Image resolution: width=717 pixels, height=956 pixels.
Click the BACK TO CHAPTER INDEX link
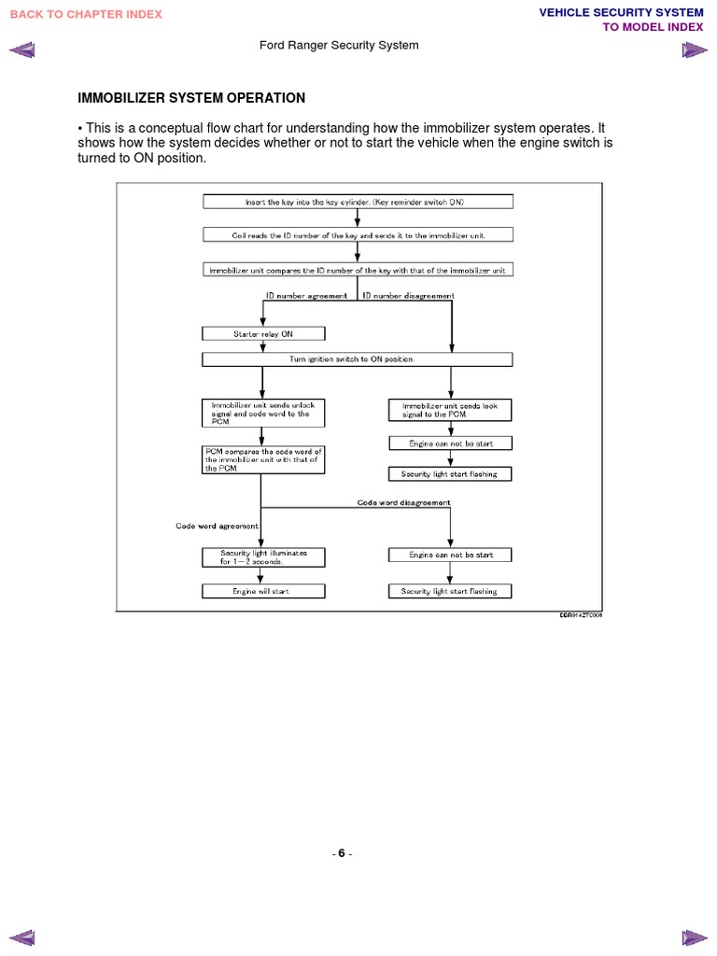86,14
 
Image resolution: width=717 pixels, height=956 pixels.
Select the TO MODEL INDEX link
653,27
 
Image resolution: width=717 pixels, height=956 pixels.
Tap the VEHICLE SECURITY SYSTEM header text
621,12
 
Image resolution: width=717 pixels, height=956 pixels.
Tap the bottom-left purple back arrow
22,935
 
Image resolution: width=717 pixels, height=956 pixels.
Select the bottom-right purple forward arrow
694,935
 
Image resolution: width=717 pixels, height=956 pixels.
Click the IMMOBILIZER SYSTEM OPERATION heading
191,98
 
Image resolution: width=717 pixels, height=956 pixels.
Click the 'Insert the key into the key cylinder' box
357,202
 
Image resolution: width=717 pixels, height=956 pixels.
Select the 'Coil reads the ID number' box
357,235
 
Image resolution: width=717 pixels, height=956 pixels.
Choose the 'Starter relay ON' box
263,333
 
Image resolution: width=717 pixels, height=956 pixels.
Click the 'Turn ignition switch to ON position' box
357,359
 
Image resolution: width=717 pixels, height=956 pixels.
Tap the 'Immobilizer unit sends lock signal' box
450,410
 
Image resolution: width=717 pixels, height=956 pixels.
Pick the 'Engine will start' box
263,591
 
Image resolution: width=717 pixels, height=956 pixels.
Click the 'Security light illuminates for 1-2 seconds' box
263,557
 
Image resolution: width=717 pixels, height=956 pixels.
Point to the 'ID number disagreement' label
408,296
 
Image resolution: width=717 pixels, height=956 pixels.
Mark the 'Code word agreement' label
217,526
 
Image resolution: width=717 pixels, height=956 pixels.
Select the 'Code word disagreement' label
403,502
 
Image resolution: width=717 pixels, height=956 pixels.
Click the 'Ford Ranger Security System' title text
338,45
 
